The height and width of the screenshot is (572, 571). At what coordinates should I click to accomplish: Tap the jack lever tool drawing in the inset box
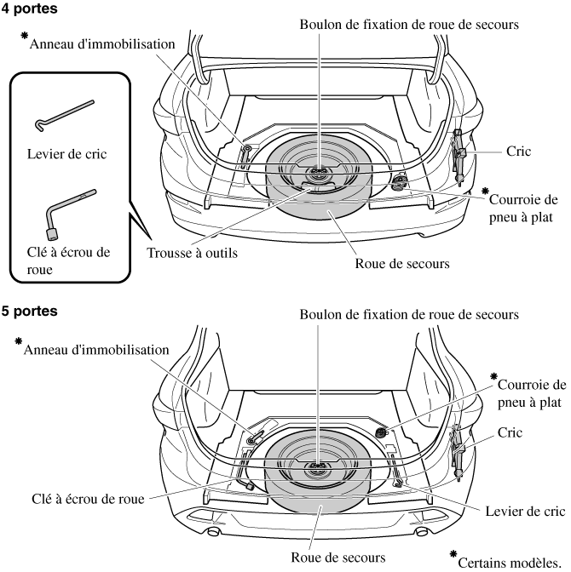pos(65,115)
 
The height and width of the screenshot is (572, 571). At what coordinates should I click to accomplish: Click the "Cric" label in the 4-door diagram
pos(517,151)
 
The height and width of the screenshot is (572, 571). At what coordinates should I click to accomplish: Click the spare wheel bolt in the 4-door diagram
pos(319,172)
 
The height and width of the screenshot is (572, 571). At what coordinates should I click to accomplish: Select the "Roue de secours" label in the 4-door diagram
pos(402,263)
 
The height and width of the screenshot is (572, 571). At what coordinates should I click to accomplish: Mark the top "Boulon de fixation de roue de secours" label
pos(409,24)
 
